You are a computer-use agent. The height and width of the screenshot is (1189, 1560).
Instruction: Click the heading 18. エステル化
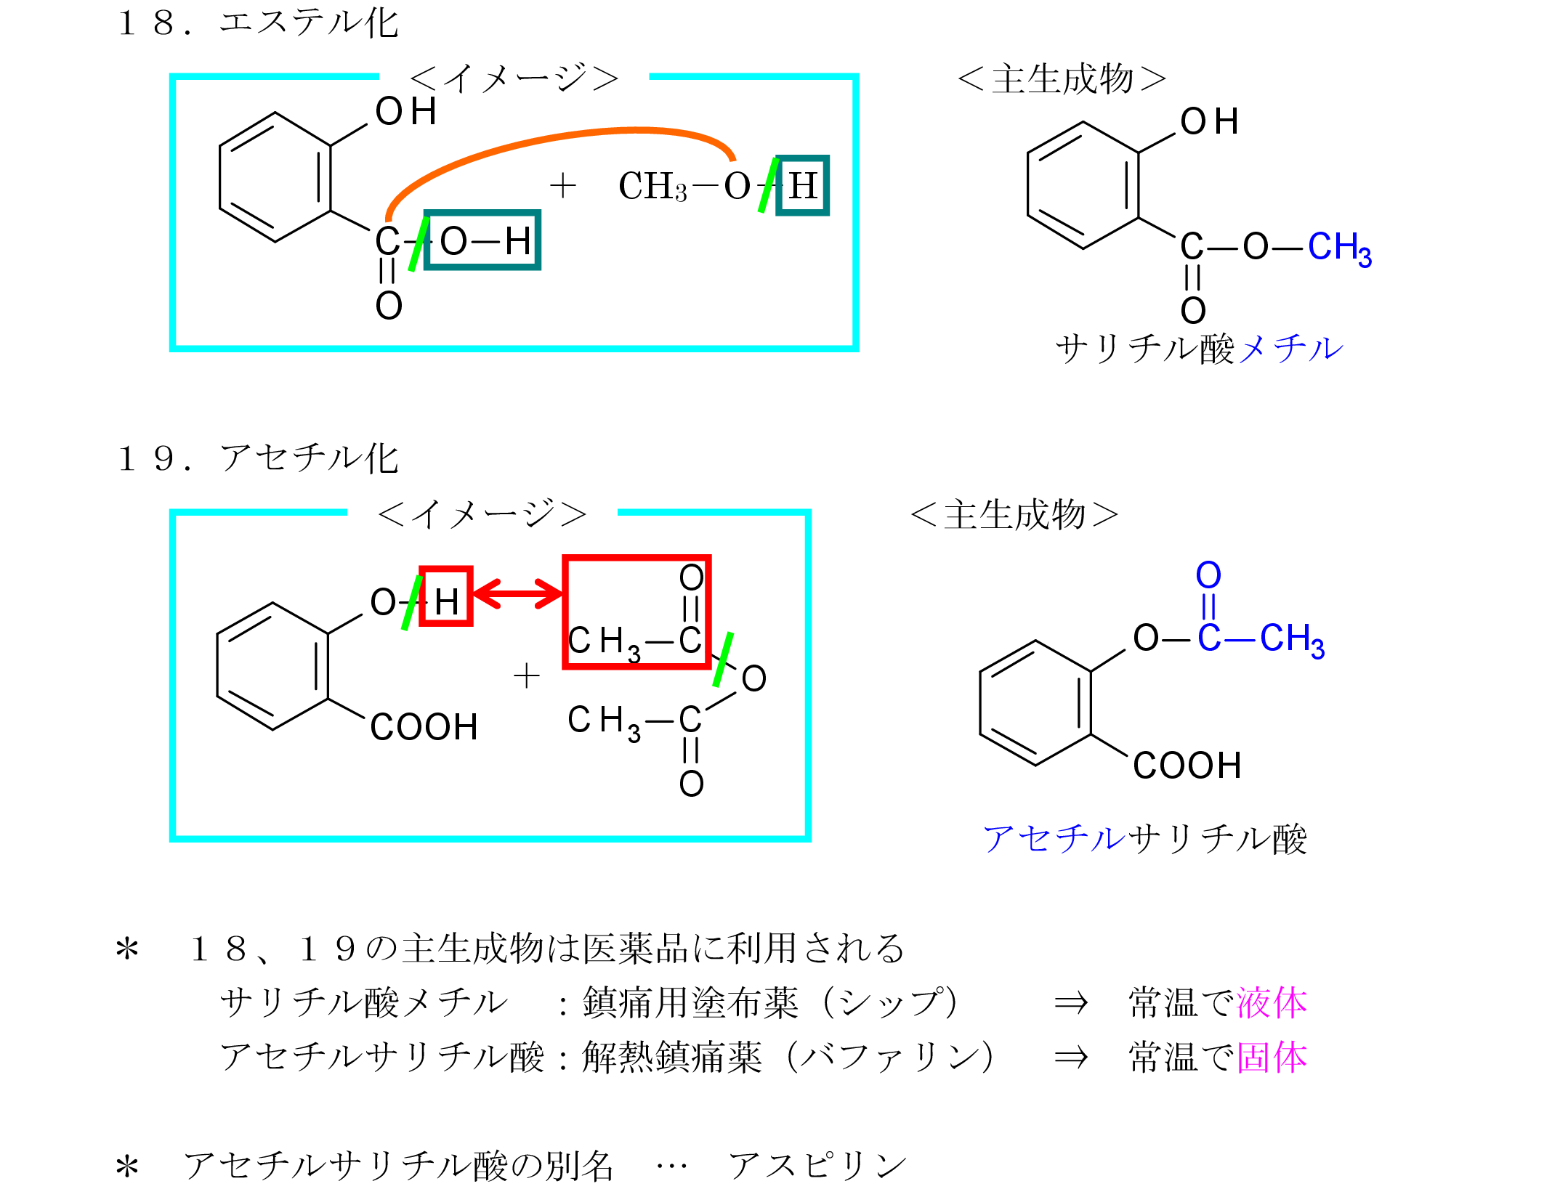point(258,23)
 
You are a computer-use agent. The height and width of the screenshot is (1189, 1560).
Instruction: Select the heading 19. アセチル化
point(258,458)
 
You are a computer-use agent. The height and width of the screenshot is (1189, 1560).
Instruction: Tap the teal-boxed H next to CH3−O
point(802,185)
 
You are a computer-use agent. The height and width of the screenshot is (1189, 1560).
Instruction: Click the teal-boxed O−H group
point(482,240)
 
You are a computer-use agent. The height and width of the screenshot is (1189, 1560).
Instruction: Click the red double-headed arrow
point(518,593)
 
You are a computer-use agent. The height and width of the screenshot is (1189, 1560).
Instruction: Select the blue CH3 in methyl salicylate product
point(1339,248)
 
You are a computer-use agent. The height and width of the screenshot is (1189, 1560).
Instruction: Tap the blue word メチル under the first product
point(1291,349)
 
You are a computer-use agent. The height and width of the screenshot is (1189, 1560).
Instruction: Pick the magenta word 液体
point(1272,1003)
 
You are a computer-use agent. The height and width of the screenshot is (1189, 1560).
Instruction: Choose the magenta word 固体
point(1272,1058)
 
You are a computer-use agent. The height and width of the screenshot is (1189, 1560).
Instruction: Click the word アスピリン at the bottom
point(818,1166)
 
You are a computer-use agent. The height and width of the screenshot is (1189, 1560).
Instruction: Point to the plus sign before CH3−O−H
point(562,186)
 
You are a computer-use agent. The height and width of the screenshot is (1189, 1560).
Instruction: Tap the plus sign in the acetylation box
point(527,676)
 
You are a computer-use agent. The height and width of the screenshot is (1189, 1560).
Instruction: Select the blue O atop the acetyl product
point(1208,576)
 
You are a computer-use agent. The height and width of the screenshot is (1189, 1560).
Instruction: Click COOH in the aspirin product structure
point(1187,766)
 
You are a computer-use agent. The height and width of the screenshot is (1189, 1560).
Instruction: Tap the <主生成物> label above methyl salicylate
point(1062,78)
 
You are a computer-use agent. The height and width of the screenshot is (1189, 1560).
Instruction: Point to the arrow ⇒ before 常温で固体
point(1071,1058)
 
